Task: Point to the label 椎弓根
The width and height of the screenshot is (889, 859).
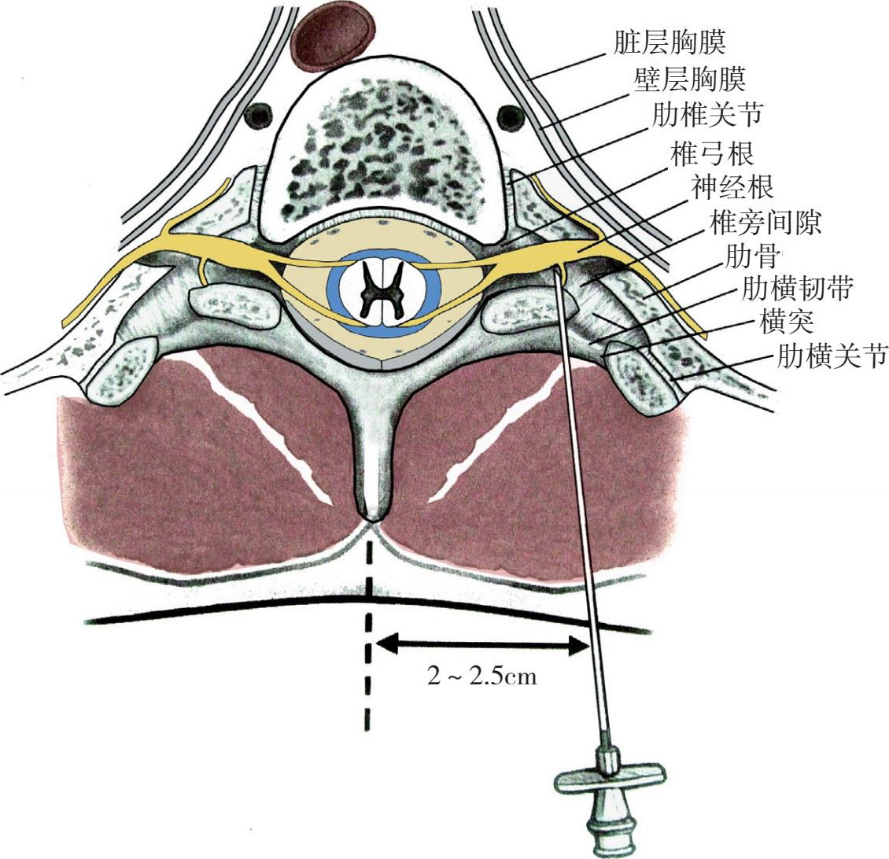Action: click(712, 152)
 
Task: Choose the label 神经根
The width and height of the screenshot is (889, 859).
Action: click(732, 188)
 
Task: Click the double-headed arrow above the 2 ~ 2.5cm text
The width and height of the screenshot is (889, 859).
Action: click(482, 645)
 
